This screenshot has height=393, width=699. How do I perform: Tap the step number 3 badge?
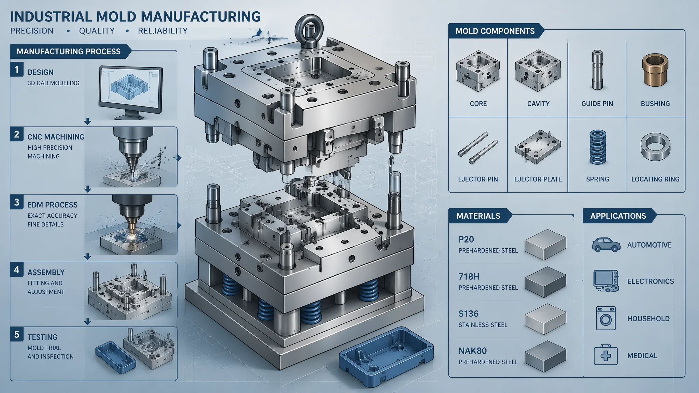(x=17, y=202)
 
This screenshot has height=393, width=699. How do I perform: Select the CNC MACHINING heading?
(x=56, y=137)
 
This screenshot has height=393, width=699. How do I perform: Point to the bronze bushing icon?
(x=655, y=70)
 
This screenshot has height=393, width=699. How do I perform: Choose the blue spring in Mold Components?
(x=597, y=147)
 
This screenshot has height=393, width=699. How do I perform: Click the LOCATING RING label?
(x=655, y=179)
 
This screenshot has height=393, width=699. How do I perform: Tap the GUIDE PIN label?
(x=597, y=104)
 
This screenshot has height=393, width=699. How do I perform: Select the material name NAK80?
(x=473, y=351)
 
